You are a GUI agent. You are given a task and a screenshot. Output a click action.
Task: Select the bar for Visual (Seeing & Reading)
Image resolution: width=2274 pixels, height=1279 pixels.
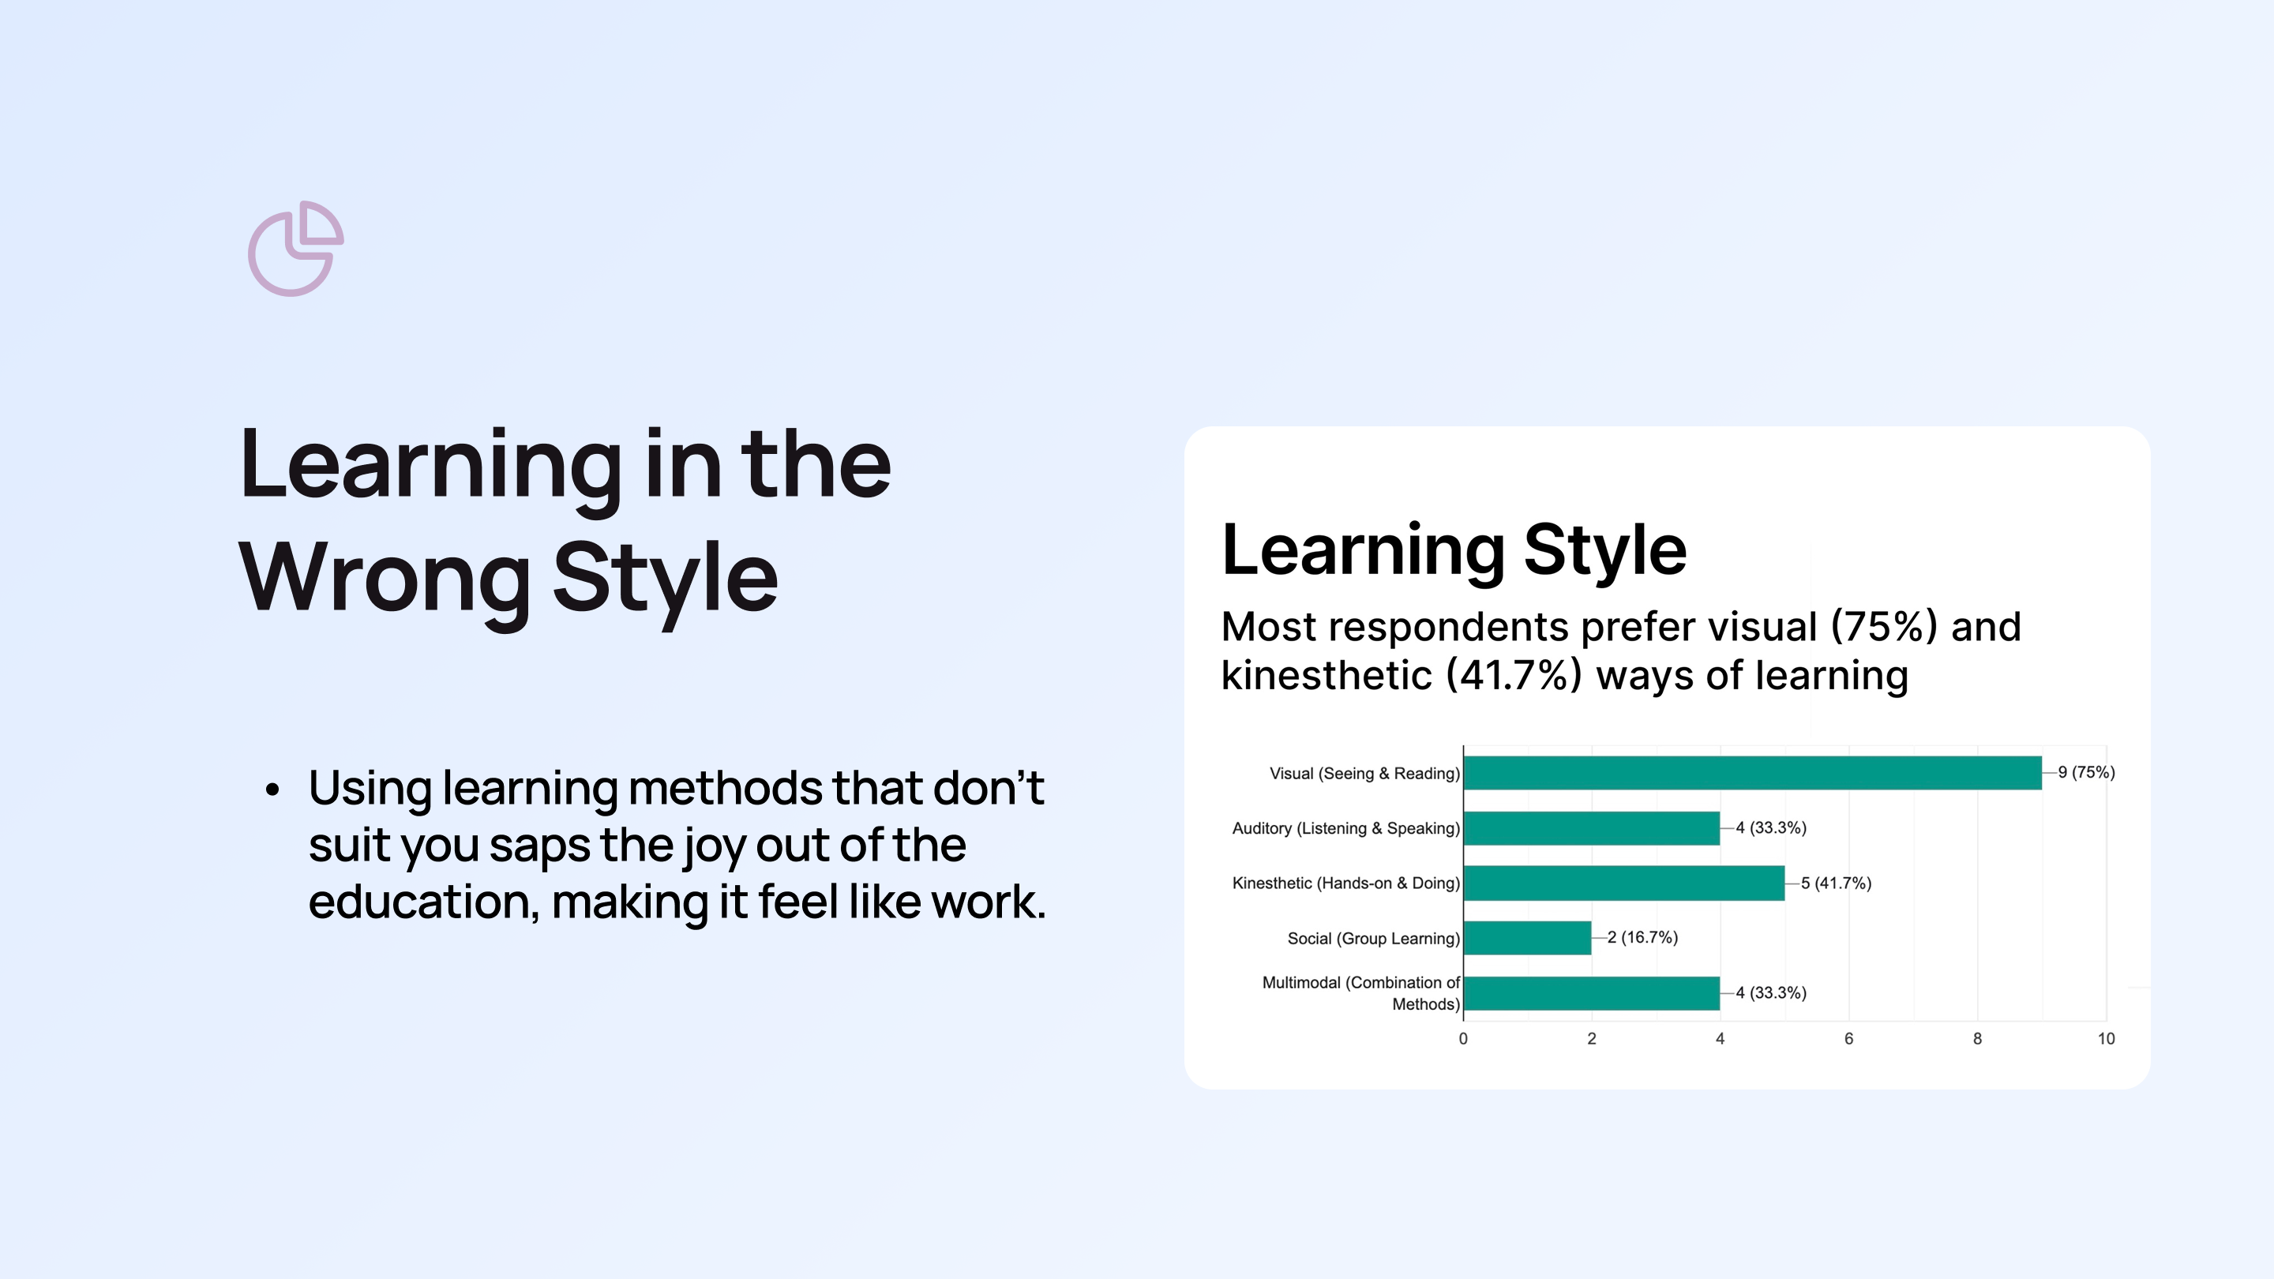coord(1752,773)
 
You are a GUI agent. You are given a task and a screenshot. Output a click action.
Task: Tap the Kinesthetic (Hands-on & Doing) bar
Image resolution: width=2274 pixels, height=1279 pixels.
coord(1624,883)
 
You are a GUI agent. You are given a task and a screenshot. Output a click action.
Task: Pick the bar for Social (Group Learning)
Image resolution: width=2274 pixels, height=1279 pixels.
coord(1527,937)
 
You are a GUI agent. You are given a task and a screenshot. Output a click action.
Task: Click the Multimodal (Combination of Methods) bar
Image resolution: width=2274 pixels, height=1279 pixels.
coord(1592,993)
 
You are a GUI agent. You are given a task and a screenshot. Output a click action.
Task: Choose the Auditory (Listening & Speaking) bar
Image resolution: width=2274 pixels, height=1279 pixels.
coord(1592,828)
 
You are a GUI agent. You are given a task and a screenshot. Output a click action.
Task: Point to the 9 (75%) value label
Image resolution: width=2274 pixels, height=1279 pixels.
coord(2086,772)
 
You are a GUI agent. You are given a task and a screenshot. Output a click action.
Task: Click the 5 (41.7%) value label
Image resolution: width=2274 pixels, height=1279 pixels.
coord(1836,883)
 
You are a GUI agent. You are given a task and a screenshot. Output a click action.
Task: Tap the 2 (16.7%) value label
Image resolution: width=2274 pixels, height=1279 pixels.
coord(1643,937)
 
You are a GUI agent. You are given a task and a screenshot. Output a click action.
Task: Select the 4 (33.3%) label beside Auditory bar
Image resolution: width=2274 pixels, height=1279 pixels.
coord(1771,828)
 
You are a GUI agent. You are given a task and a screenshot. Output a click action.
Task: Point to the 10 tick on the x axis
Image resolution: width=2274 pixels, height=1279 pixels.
coord(2107,1039)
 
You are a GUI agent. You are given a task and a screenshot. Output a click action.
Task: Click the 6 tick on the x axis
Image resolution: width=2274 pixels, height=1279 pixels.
coord(1848,1039)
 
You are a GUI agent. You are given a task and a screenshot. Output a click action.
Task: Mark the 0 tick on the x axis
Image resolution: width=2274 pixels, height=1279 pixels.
coord(1464,1039)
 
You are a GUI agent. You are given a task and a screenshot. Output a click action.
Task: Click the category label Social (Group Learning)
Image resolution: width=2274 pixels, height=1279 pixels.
coord(1374,938)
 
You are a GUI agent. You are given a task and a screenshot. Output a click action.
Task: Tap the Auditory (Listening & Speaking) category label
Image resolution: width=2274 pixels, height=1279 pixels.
coord(1346,828)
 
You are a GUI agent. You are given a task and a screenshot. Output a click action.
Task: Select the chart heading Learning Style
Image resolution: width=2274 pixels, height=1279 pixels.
coord(1454,550)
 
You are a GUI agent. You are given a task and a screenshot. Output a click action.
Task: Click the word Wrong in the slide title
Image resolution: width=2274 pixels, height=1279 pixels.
coord(384,578)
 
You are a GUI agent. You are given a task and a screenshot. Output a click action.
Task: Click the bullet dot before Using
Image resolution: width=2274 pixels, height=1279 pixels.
coord(272,790)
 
